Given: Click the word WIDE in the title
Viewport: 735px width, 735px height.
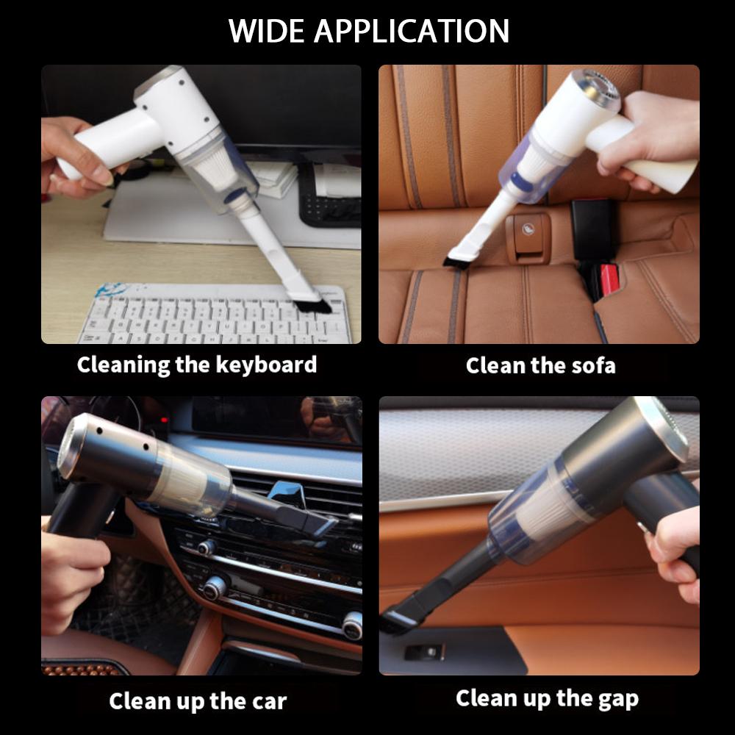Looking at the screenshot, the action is pos(266,31).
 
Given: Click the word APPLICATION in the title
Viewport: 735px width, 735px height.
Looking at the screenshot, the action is pos(412,31).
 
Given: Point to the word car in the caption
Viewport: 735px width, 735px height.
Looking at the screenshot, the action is pos(269,702).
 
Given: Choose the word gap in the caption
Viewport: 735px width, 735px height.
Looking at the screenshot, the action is pos(618,700).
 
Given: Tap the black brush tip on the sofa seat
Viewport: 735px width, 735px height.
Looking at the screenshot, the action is pos(453,261).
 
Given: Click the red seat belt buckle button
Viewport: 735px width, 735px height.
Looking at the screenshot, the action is pos(609,280).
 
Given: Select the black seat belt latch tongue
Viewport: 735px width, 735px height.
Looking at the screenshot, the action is pos(592,224).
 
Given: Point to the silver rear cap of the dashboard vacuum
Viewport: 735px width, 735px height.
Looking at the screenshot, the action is pos(71,448).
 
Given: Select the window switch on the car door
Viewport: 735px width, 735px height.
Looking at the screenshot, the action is pos(424,652).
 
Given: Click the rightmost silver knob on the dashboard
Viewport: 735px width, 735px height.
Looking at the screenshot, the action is pos(353,625).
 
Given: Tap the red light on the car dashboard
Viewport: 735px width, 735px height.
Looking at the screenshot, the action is pos(164,419).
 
